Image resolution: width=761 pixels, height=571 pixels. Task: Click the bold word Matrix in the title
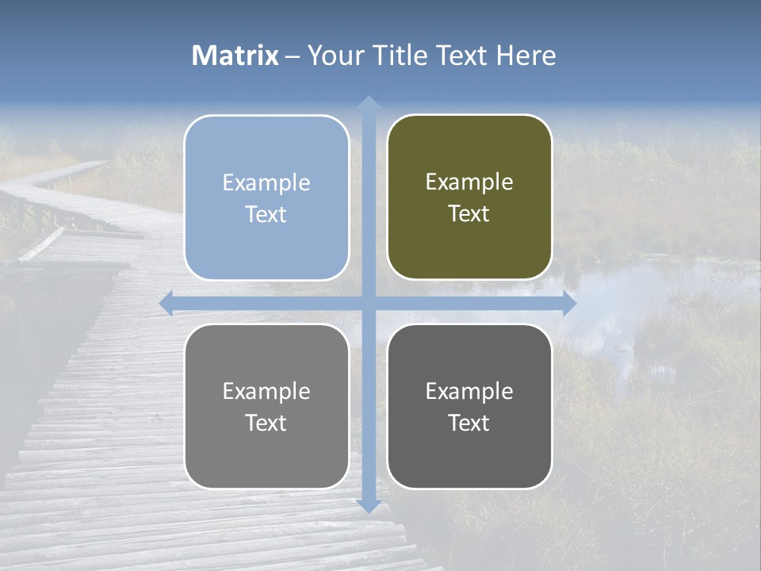coord(235,56)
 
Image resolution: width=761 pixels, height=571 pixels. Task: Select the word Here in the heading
coord(526,56)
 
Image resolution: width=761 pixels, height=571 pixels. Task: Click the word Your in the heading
coord(336,56)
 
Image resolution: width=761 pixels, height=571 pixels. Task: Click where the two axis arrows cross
coord(368,303)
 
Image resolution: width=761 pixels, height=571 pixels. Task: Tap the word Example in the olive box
coord(469,182)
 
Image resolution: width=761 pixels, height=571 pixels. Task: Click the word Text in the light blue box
coord(266,215)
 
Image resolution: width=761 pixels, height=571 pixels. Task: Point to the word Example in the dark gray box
coord(469,391)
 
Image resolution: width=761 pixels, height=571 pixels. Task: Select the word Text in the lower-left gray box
coord(266,423)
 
